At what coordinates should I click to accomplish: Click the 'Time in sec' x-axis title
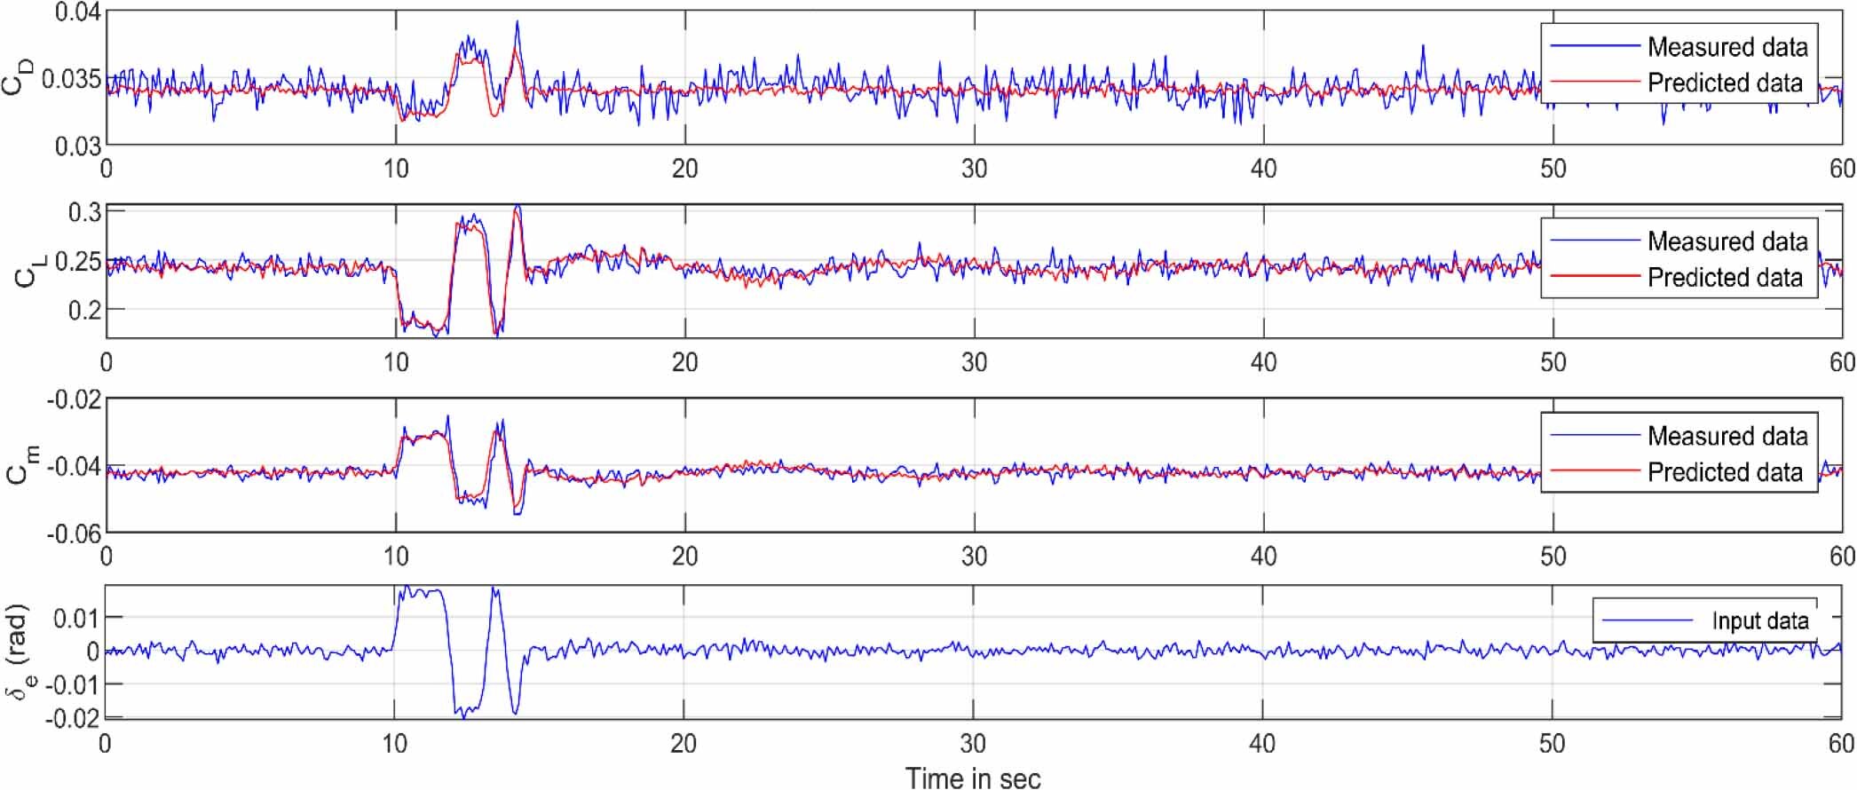click(973, 778)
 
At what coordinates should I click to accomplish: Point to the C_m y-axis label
click(21, 465)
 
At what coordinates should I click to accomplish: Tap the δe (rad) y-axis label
click(20, 652)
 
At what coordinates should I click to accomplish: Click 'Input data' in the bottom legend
click(1759, 620)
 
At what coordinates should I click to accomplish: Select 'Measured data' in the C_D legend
click(1727, 46)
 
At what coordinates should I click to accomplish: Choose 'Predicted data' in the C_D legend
click(1725, 83)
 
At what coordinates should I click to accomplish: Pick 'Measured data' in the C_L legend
click(1727, 241)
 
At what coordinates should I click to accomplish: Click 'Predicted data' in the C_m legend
click(1725, 471)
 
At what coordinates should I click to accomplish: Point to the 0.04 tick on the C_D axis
click(78, 12)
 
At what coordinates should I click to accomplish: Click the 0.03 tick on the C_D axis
click(78, 146)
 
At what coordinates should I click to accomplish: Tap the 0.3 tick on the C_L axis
click(85, 212)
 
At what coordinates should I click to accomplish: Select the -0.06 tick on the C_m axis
click(75, 533)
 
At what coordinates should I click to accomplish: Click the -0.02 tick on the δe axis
click(75, 717)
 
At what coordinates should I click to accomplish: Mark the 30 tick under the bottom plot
click(973, 744)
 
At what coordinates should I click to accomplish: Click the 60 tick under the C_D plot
click(1841, 169)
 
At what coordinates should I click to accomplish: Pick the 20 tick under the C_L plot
click(684, 362)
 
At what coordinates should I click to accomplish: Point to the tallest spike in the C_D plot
click(517, 23)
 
